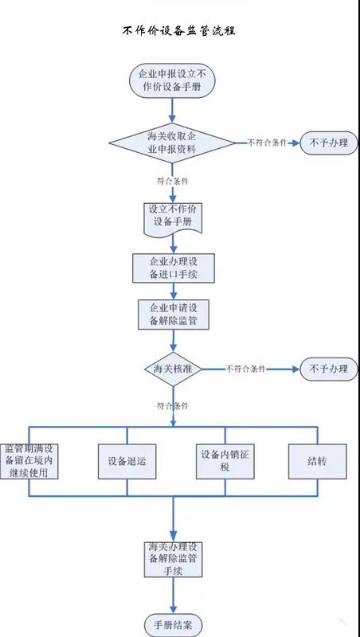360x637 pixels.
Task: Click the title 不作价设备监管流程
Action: click(x=178, y=30)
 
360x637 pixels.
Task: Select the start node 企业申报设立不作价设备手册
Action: click(x=172, y=80)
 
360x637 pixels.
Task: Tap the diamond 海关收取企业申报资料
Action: click(x=172, y=143)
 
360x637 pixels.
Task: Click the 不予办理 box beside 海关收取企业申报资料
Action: click(x=329, y=143)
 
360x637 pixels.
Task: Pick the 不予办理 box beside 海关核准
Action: click(x=329, y=369)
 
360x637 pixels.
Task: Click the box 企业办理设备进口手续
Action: click(x=174, y=268)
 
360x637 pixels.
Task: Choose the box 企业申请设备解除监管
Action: click(x=174, y=315)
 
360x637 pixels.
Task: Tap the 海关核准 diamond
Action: click(x=173, y=369)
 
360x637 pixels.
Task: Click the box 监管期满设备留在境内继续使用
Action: click(x=29, y=461)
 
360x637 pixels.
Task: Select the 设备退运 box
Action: click(x=127, y=461)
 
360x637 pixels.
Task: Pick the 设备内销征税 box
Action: click(x=225, y=461)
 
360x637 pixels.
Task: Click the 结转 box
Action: click(x=318, y=461)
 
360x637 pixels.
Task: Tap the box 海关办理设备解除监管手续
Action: click(x=173, y=560)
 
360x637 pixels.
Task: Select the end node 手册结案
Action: click(x=173, y=625)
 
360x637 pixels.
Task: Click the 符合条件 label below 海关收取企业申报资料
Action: click(x=173, y=182)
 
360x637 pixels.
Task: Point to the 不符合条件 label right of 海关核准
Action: click(x=245, y=369)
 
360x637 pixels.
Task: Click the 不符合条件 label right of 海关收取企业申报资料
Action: click(x=268, y=143)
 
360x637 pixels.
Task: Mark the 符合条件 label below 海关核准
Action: click(x=173, y=405)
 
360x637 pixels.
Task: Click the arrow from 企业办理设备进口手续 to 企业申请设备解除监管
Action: click(x=174, y=291)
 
